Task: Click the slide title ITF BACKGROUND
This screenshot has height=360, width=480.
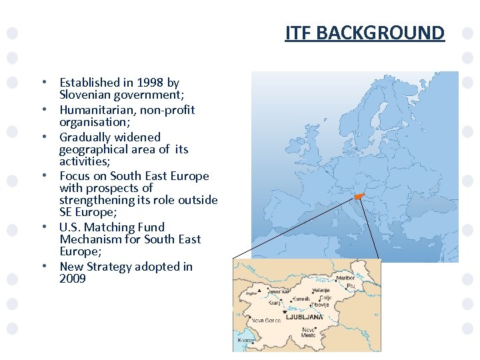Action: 365,33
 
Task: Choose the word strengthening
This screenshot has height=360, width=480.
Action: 98,200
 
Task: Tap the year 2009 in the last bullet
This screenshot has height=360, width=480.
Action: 73,279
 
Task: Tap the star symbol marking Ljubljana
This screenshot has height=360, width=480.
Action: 285,312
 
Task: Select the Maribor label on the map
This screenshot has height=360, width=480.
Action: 345,278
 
